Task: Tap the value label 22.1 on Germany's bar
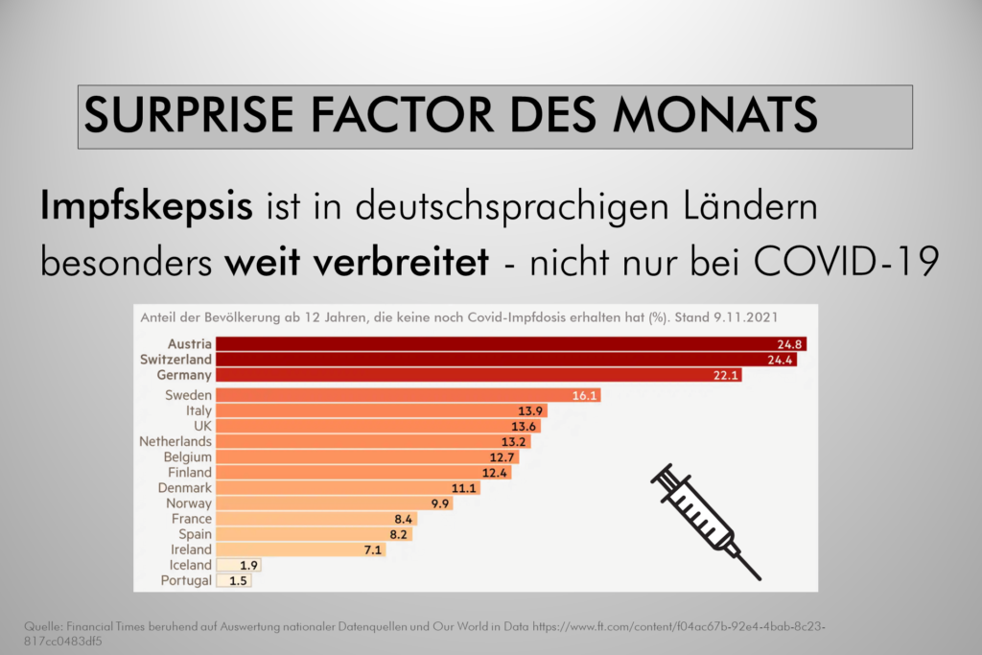[726, 375]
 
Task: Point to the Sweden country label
[188, 395]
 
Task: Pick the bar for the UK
[374, 426]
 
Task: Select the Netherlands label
[175, 441]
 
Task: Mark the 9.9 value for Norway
[439, 503]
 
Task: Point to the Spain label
[195, 534]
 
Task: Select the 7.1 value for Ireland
[371, 550]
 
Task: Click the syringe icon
[705, 521]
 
